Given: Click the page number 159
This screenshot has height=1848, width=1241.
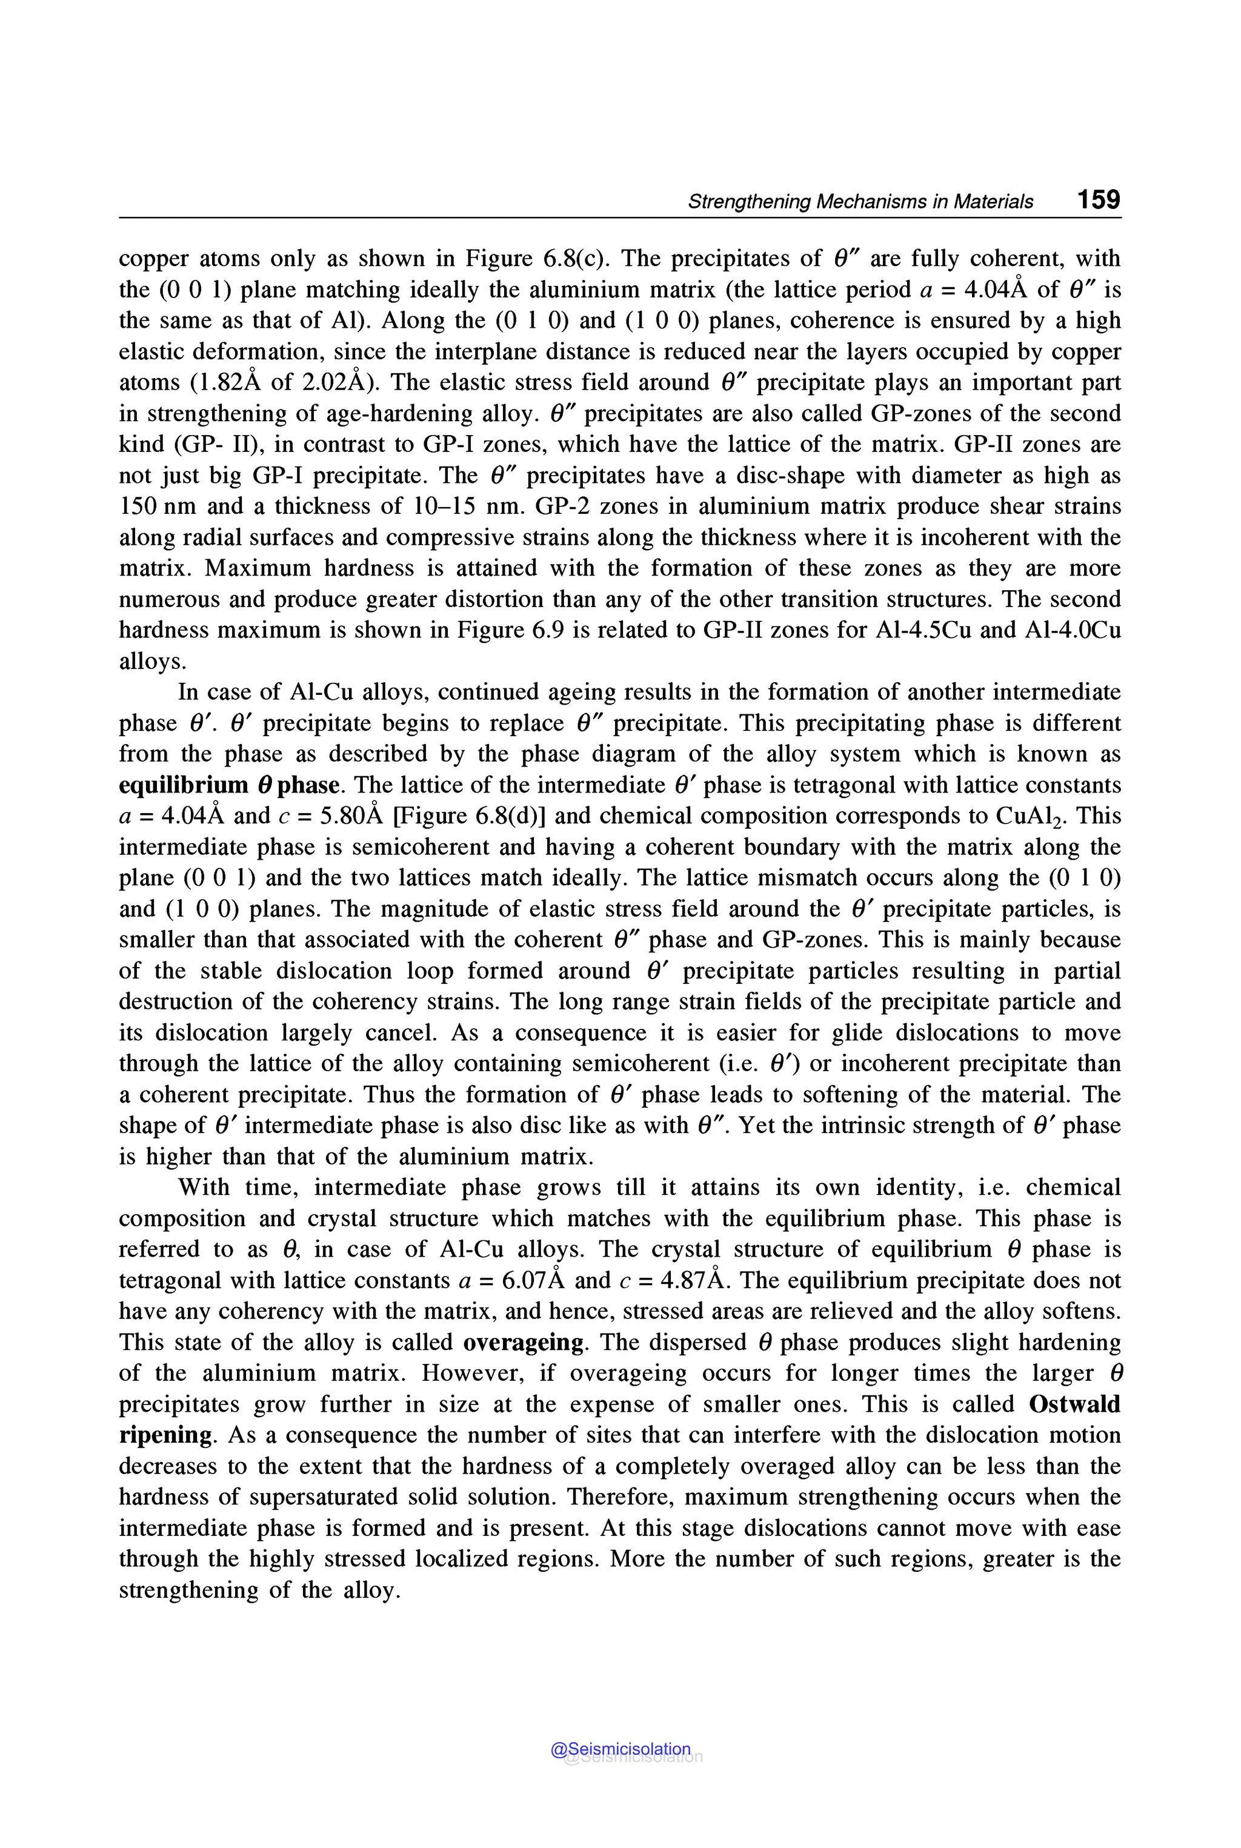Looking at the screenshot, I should [1098, 199].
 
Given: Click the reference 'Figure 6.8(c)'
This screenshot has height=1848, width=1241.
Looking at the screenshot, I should [534, 259].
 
